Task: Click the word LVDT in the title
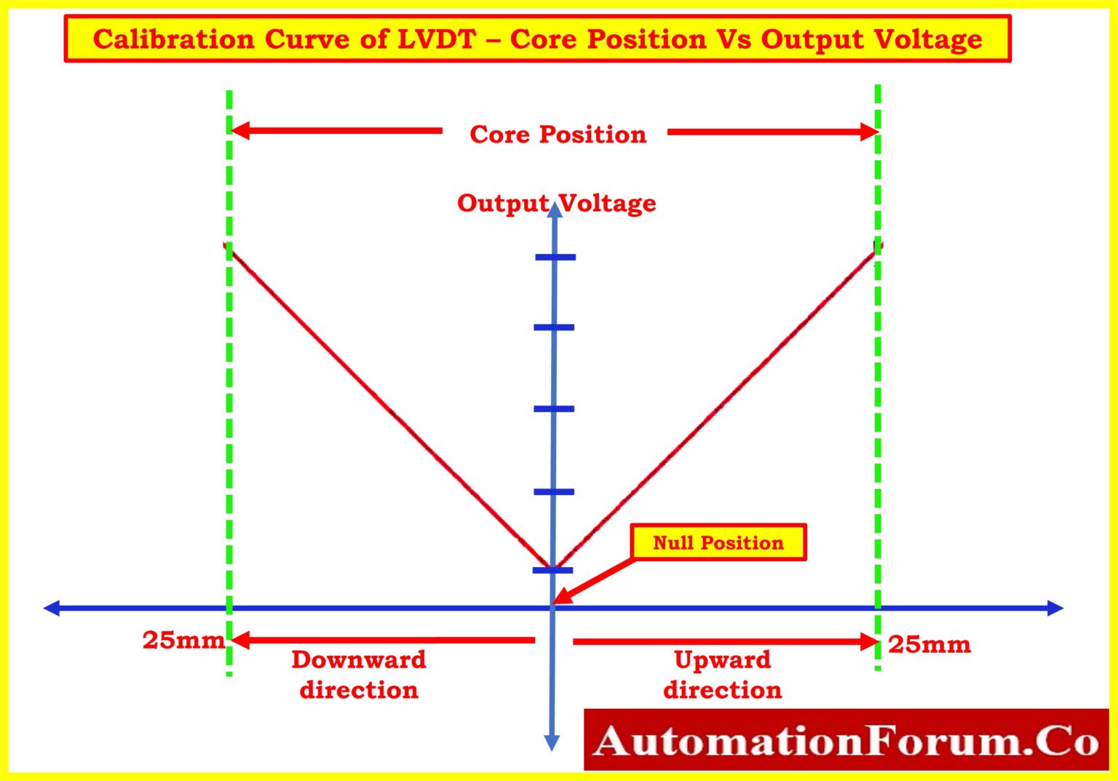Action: tap(436, 39)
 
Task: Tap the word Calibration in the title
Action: tap(174, 39)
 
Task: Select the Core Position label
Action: tap(558, 135)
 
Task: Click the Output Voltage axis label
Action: tap(556, 203)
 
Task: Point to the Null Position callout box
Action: tap(718, 542)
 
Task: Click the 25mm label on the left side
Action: tap(183, 640)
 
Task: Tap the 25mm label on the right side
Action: tap(929, 644)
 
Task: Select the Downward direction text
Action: tap(359, 675)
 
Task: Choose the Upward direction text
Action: tap(722, 675)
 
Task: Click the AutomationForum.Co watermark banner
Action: tap(846, 740)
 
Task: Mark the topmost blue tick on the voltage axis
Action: tap(555, 257)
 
